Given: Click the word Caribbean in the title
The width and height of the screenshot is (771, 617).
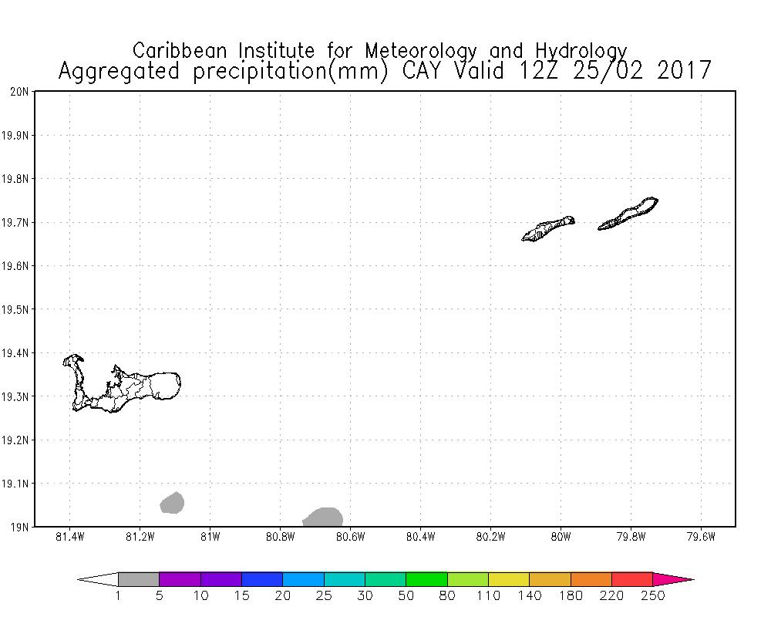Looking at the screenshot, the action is click(x=180, y=51).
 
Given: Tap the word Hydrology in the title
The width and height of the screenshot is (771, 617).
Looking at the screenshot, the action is click(x=581, y=52).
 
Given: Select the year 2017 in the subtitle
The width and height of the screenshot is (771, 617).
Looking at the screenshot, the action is click(x=684, y=71).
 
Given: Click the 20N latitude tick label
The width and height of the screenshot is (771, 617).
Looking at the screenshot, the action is click(x=19, y=92).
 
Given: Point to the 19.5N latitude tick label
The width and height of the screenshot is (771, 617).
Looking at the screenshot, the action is click(x=15, y=309).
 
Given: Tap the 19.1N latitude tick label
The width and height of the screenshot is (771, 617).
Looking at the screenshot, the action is click(x=15, y=484).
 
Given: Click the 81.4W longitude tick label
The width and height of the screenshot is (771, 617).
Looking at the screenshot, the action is click(x=70, y=537).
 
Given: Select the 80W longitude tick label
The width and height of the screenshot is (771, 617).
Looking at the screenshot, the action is click(x=561, y=537).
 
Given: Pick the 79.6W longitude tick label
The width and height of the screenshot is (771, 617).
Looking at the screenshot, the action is click(x=701, y=537).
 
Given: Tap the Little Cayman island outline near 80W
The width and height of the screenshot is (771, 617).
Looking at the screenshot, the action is click(x=547, y=229).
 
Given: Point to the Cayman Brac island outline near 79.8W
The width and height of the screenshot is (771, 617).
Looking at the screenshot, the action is click(x=628, y=214).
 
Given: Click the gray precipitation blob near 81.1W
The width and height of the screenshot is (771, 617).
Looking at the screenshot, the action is click(x=172, y=503).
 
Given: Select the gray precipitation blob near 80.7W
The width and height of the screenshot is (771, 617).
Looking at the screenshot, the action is click(x=323, y=517).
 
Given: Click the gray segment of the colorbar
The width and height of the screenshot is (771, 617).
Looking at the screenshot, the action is click(x=139, y=579).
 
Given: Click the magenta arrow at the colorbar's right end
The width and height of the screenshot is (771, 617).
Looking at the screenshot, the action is click(x=672, y=579).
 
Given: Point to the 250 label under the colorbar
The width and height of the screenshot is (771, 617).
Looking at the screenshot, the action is click(x=652, y=596).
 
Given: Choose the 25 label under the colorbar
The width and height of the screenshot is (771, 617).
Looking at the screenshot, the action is click(x=324, y=596).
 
